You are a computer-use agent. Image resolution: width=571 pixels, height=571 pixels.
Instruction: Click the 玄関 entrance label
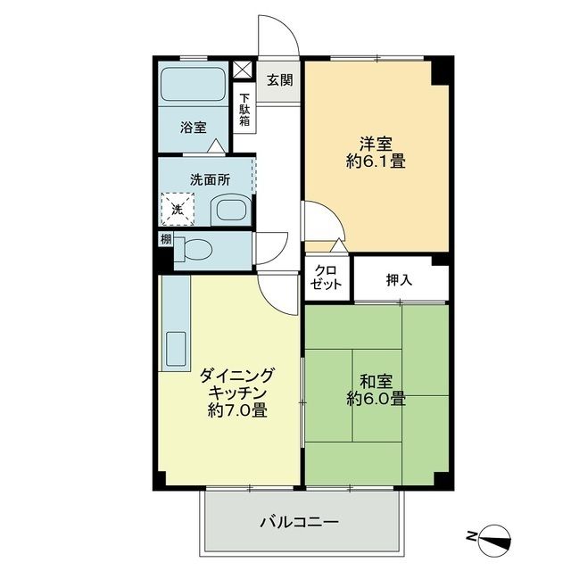point(279,79)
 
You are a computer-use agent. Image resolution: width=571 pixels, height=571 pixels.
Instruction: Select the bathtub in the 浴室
point(193,87)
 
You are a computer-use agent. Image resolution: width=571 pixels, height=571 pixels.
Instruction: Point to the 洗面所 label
point(210,178)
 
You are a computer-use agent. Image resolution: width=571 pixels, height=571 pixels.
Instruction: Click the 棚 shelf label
point(166,239)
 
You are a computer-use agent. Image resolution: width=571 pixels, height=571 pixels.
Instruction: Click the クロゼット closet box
point(327,278)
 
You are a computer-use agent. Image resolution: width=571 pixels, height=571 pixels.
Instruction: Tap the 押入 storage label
point(399,279)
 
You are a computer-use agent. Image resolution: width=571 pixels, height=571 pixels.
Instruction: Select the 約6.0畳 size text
point(376,399)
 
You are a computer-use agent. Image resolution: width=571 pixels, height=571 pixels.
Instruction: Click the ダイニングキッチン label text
point(236,384)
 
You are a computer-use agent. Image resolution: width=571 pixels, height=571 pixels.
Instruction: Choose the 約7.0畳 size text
point(236,411)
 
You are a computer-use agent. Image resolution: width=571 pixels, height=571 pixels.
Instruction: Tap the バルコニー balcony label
point(300,522)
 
